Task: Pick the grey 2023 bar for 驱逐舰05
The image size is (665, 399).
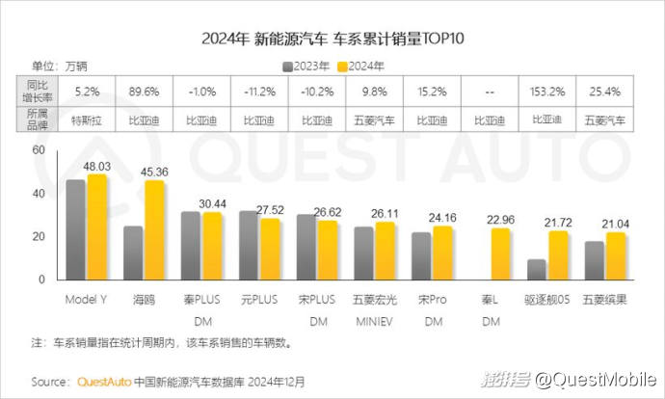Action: tap(537, 269)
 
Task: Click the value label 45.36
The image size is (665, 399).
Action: tap(154, 173)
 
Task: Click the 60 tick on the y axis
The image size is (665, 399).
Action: tap(39, 150)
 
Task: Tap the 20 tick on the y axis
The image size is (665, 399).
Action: tap(39, 237)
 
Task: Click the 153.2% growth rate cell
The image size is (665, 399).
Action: tap(547, 93)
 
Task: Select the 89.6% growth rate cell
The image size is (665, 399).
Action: tap(144, 93)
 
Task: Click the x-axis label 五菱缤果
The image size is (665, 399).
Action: tap(605, 299)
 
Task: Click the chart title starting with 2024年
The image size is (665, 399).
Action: tap(332, 39)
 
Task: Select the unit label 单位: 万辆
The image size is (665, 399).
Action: tap(58, 66)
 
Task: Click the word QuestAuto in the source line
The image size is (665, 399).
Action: tap(103, 380)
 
